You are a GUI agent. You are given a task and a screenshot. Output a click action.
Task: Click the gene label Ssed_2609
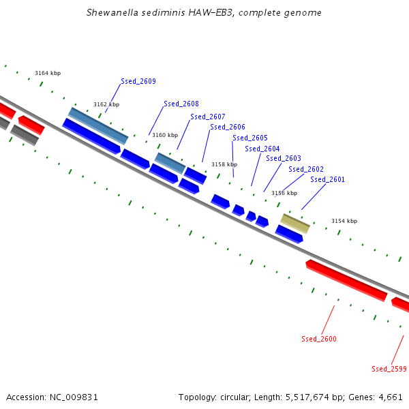(138, 82)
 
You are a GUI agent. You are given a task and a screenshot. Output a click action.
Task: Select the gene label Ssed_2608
(181, 104)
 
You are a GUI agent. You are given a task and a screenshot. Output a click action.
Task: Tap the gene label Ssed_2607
(207, 117)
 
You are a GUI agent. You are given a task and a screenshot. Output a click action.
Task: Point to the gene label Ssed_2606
(228, 127)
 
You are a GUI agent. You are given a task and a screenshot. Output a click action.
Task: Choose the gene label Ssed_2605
(249, 138)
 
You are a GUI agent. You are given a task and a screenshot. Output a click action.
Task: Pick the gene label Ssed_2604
(262, 149)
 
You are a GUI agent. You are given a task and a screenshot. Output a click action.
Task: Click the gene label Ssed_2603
(284, 159)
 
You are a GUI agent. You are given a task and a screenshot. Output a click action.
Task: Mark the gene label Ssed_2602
(306, 169)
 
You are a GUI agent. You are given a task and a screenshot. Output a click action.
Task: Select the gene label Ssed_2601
(327, 179)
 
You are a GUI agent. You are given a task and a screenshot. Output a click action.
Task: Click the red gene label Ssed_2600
(319, 339)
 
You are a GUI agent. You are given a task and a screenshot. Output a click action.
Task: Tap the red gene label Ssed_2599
(389, 369)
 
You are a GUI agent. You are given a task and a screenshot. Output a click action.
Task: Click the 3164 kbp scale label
(48, 73)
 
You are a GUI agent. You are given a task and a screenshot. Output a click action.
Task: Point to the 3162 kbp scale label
(106, 104)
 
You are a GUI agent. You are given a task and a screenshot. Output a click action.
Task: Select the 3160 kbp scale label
(164, 135)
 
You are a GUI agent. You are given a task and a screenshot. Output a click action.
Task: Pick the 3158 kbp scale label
(224, 164)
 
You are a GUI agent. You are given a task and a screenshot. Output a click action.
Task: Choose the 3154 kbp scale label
(344, 221)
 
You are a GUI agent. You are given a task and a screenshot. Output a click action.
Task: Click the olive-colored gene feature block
(296, 223)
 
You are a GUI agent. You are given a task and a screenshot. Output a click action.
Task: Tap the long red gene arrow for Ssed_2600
(346, 280)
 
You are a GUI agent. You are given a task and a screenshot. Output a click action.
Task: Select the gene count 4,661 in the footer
(389, 397)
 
